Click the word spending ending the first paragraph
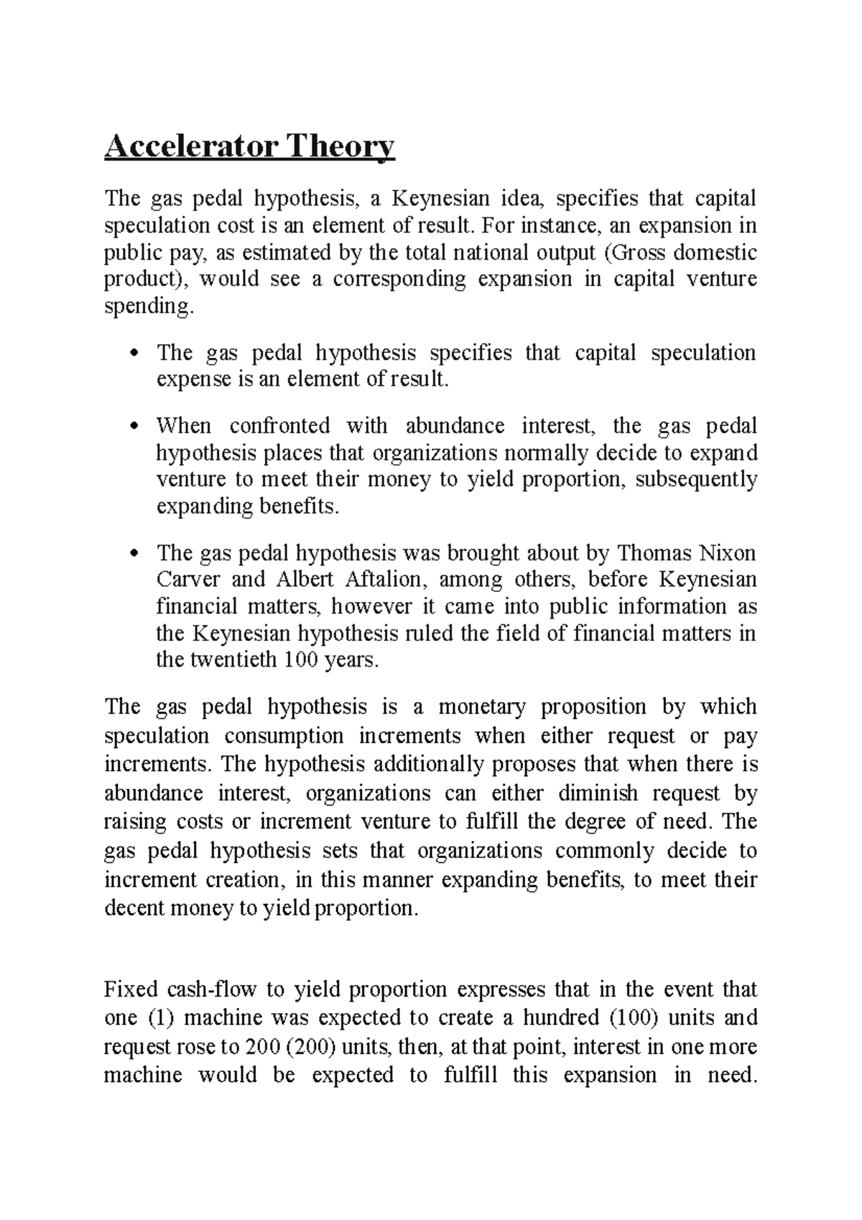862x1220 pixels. point(148,307)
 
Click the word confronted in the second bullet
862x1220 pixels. point(279,426)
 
